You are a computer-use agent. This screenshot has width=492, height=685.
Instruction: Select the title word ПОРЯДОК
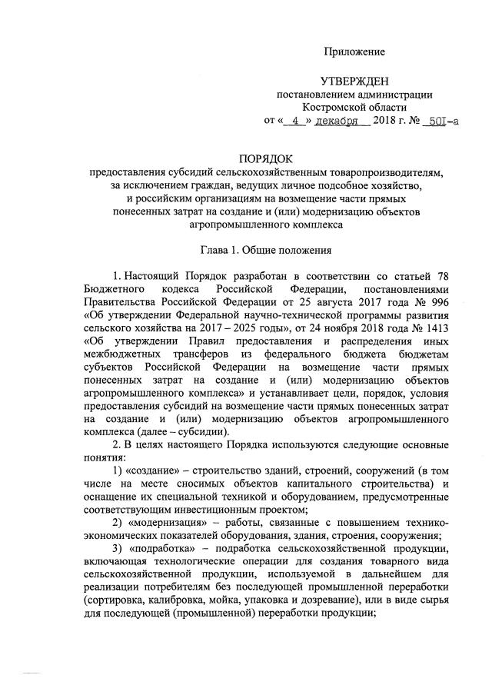247,159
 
